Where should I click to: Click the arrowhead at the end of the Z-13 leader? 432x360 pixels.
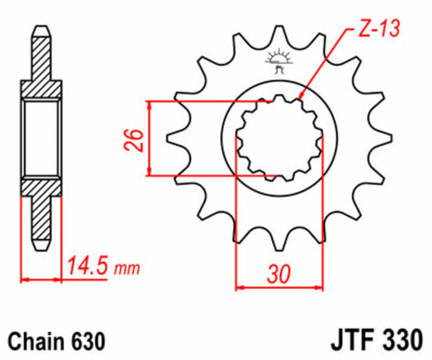300,98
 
